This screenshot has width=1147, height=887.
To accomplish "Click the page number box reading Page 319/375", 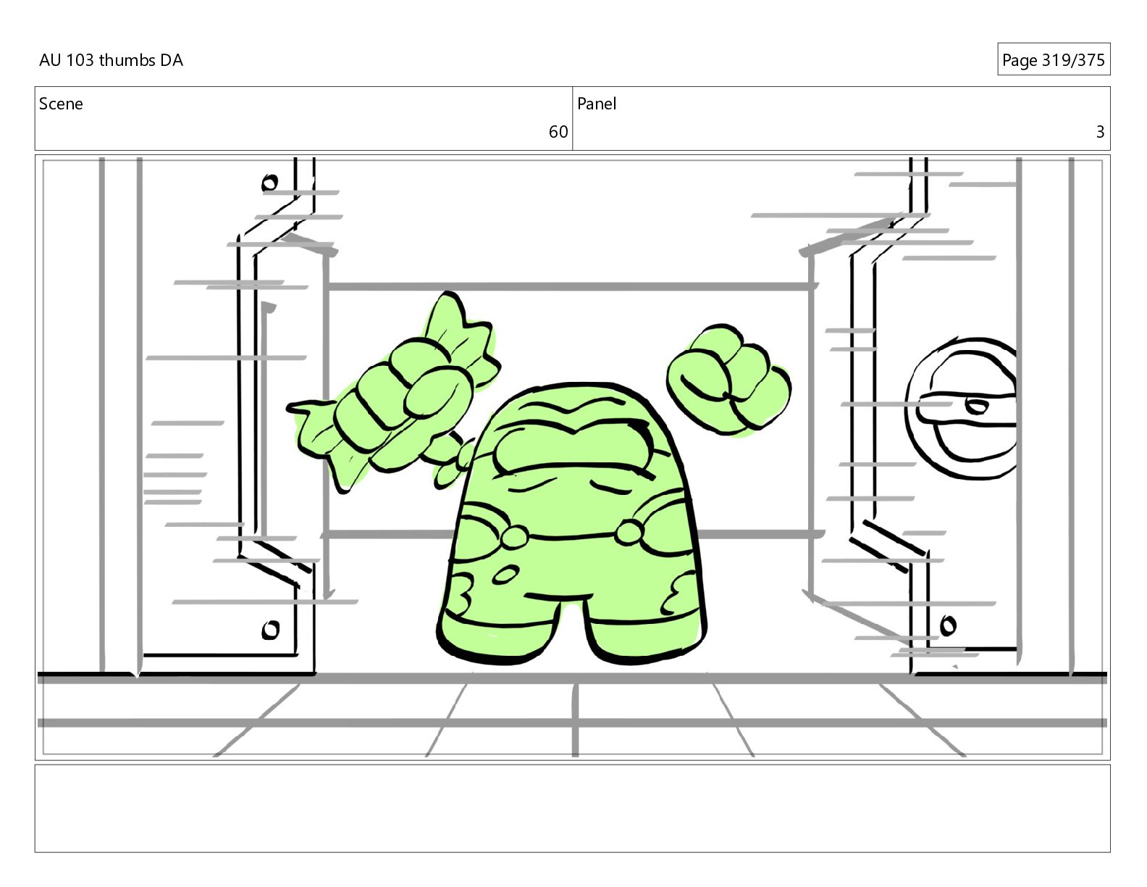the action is (x=1053, y=59).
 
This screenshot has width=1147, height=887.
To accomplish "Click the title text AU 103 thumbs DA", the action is (x=111, y=60).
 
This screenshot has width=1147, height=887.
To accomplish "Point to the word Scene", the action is (x=61, y=104).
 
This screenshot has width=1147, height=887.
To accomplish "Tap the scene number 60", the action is (x=558, y=132).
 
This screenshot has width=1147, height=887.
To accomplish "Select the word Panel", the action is (x=597, y=104).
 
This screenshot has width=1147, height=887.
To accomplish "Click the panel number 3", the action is (x=1100, y=132).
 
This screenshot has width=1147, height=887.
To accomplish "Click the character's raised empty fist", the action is (x=728, y=380).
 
